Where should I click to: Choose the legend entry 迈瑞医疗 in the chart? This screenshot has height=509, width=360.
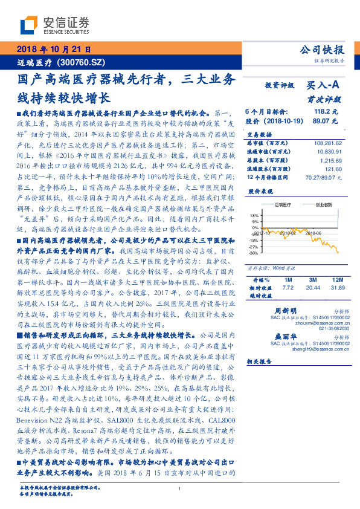pyautogui.click(x=280, y=205)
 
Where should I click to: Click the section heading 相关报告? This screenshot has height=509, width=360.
pyautogui.click(x=260, y=360)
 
